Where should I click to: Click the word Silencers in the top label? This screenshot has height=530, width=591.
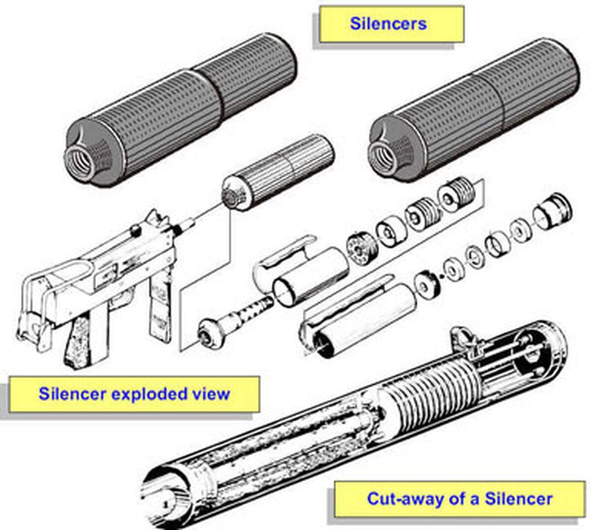[388, 23]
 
